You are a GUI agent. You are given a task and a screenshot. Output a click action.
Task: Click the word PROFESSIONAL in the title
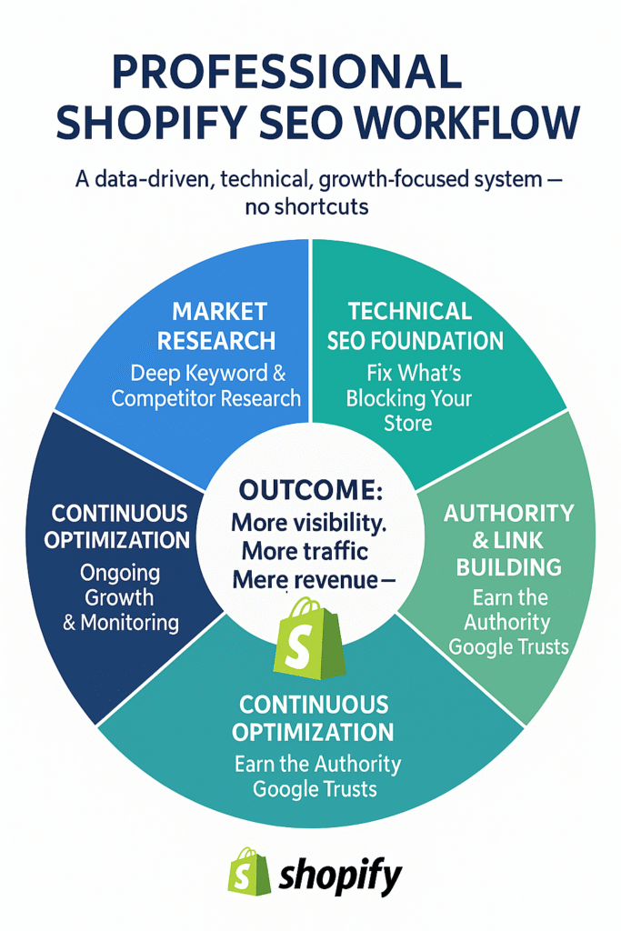tap(286, 71)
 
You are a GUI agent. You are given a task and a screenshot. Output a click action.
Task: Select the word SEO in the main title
tap(301, 123)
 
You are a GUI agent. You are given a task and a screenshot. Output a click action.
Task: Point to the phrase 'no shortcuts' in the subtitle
tap(307, 206)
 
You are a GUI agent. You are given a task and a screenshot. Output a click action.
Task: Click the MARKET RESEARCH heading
tap(216, 326)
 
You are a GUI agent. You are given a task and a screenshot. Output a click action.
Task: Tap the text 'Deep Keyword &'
tap(208, 374)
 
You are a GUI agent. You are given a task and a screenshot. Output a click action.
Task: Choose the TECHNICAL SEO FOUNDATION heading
tap(415, 326)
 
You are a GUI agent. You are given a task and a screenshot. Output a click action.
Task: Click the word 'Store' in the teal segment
tap(408, 424)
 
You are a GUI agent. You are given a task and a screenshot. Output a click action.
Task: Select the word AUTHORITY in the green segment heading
tap(509, 513)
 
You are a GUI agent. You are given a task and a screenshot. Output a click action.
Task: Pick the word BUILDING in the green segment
tap(509, 567)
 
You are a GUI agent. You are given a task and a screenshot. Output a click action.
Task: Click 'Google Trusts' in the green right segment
tap(509, 646)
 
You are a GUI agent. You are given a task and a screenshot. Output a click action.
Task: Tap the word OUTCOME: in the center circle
tap(311, 490)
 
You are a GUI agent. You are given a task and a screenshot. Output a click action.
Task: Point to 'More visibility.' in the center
tap(309, 523)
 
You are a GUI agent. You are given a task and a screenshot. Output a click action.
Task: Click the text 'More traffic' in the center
tap(305, 551)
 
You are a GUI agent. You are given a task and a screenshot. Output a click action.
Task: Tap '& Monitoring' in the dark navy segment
tap(121, 622)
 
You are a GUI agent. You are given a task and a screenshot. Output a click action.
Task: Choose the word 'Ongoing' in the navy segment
tap(120, 573)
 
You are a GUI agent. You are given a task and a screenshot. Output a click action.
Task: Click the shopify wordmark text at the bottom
tap(341, 877)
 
